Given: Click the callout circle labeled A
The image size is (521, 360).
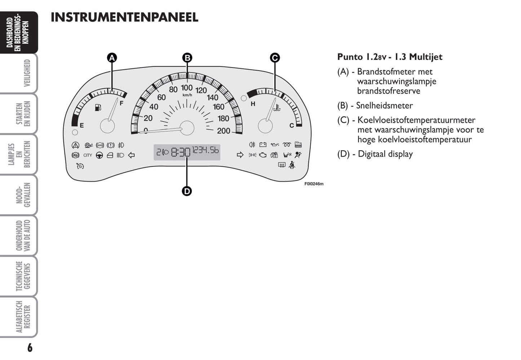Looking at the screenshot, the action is coord(112,58).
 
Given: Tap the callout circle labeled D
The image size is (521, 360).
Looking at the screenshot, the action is coord(187,191).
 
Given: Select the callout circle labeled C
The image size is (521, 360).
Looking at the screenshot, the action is coord(275,58).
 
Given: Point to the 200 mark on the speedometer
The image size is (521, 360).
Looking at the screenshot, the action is coord(224,131).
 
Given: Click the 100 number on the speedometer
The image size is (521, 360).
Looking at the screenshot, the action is coord(187,88).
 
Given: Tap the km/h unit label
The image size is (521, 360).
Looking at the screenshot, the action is coord(187,95).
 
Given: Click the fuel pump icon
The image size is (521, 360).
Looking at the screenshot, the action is coord(98,107).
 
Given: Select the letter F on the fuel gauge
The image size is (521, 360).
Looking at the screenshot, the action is coord(122,103).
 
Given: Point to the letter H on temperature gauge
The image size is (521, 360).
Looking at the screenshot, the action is coord(253,104).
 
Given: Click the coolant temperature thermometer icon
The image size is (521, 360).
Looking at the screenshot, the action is coord(277,107).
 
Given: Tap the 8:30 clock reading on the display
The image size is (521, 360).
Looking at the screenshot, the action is coord(181,153).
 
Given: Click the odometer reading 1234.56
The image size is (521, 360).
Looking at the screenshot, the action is coord(206,150).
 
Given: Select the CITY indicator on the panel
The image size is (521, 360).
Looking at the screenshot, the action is coord(88,155).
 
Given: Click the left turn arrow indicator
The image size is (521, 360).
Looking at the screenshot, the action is coord(131,155).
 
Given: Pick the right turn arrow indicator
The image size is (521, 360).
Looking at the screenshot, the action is coord(240,155).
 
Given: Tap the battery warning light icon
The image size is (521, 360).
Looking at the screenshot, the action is coord(263,145).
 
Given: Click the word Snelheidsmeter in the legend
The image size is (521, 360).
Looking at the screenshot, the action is coord(384,105).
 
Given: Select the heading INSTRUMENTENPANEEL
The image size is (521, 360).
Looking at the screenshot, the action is coord(124,17).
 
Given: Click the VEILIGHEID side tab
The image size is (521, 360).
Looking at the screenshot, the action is coord(27,73).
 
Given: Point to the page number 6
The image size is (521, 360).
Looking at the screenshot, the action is coord(30,348).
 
